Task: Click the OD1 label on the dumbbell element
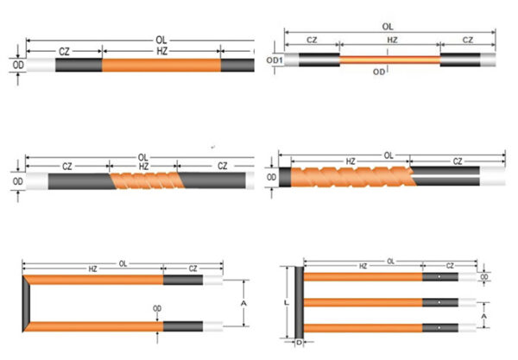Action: pyautogui.click(x=275, y=60)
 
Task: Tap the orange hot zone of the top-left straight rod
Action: pyautogui.click(x=161, y=65)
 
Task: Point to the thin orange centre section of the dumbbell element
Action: pyautogui.click(x=390, y=60)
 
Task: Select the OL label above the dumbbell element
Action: pyautogui.click(x=388, y=27)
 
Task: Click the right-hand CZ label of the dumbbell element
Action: pyautogui.click(x=467, y=40)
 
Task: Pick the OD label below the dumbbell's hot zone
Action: pyautogui.click(x=379, y=72)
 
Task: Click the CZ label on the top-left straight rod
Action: pyautogui.click(x=64, y=52)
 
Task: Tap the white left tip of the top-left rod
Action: pyautogui.click(x=41, y=65)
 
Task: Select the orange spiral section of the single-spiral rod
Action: pyautogui.click(x=147, y=180)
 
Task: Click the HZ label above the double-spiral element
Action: pyautogui.click(x=351, y=161)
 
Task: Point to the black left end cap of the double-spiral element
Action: pyautogui.click(x=285, y=177)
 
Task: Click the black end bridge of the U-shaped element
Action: pyautogui.click(x=26, y=303)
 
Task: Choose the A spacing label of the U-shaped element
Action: pyautogui.click(x=243, y=303)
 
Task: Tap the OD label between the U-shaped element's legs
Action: pyautogui.click(x=157, y=308)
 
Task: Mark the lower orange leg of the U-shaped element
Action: pyautogui.click(x=94, y=326)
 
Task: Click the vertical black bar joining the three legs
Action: pyautogui.click(x=299, y=302)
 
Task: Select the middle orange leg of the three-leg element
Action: pyautogui.click(x=363, y=302)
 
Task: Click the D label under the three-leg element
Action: pyautogui.click(x=299, y=343)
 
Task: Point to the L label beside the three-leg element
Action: pyautogui.click(x=286, y=302)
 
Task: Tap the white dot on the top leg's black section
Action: pyautogui.click(x=439, y=276)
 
